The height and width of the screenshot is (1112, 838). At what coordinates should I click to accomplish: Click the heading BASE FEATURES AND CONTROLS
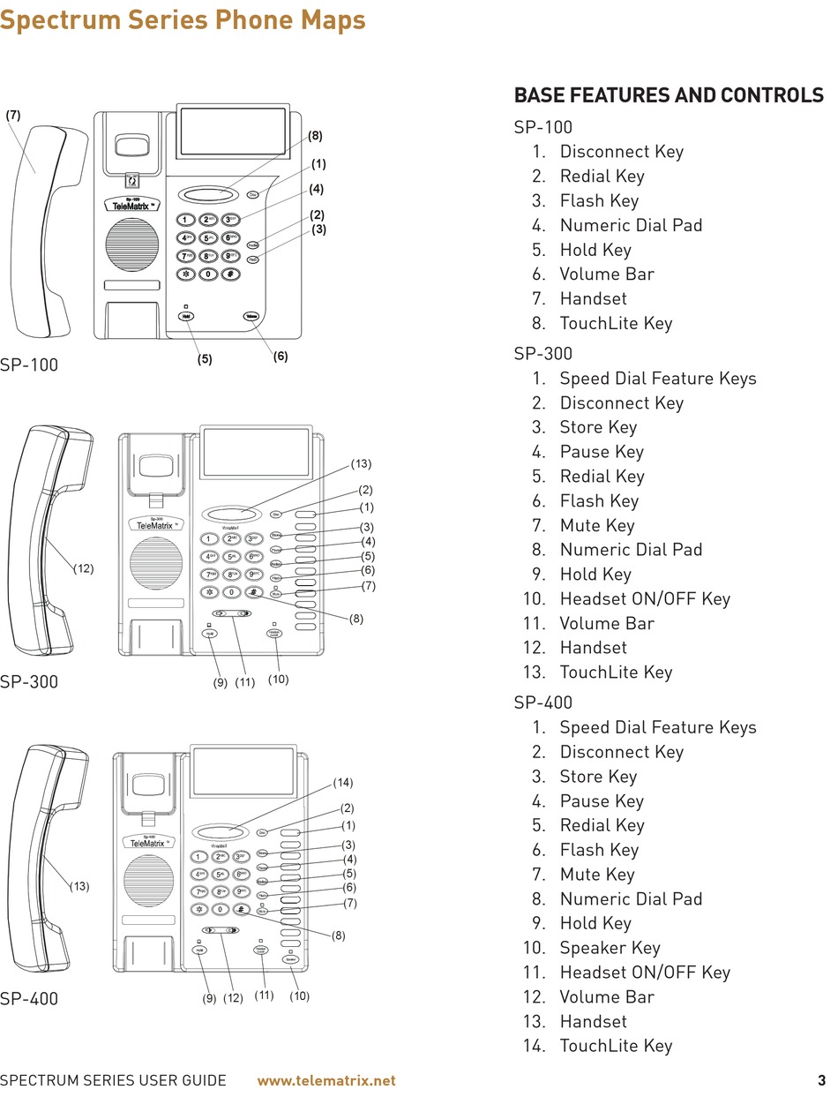point(669,95)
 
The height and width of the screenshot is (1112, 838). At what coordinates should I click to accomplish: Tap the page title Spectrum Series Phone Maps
point(183,19)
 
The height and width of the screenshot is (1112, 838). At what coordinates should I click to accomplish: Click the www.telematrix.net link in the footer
point(325,1080)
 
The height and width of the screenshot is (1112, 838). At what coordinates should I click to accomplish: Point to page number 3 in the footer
point(821,1080)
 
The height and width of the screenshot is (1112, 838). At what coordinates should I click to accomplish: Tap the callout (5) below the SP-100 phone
point(205,359)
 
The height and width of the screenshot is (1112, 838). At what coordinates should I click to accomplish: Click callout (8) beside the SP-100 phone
point(315,136)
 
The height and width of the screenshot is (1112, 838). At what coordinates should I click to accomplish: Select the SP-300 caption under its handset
point(29,681)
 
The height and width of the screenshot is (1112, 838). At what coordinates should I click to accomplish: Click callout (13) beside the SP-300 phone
point(361,463)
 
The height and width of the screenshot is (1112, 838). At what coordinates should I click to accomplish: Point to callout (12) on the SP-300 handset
point(83,569)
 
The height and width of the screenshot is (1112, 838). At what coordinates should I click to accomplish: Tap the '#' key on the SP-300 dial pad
point(252,592)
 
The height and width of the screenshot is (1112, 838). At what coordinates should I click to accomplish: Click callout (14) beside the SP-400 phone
point(343,783)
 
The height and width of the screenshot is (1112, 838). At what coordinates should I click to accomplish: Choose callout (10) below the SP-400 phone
point(300,996)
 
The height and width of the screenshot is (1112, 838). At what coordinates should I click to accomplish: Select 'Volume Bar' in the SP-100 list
point(607,274)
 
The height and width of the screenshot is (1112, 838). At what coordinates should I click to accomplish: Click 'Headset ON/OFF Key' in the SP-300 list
point(645,599)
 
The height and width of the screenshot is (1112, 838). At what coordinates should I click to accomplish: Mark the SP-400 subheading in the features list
point(543,703)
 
